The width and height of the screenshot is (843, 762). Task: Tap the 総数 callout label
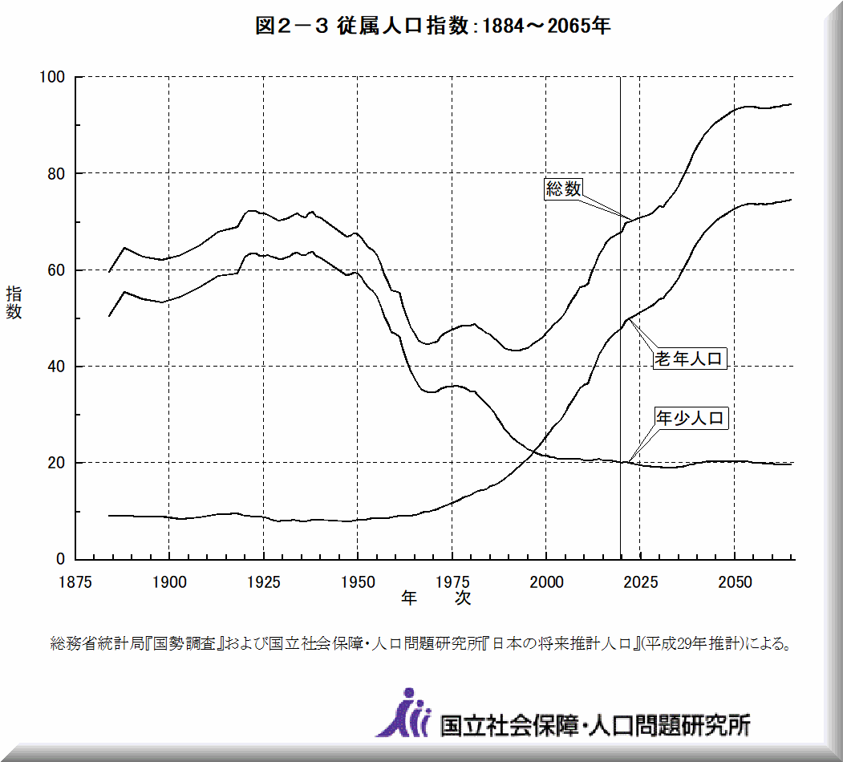563,188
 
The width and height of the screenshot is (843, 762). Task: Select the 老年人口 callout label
690,359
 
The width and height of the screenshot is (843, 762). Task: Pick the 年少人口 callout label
691,418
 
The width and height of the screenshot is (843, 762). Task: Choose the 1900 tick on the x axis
169,582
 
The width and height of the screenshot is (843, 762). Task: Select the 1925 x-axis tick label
263,582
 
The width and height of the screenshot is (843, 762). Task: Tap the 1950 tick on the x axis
358,582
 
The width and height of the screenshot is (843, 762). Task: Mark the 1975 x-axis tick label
452,582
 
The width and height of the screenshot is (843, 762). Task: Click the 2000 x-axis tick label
545,582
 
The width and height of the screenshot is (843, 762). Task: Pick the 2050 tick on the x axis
734,582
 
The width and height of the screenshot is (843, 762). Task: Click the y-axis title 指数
14,302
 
